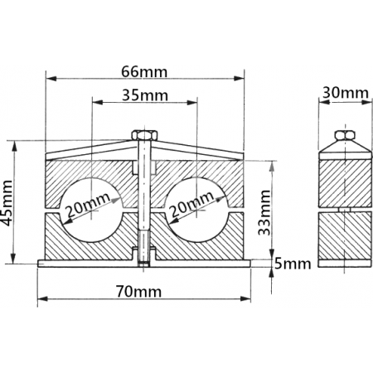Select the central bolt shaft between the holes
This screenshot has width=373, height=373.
pyautogui.click(x=143, y=199)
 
